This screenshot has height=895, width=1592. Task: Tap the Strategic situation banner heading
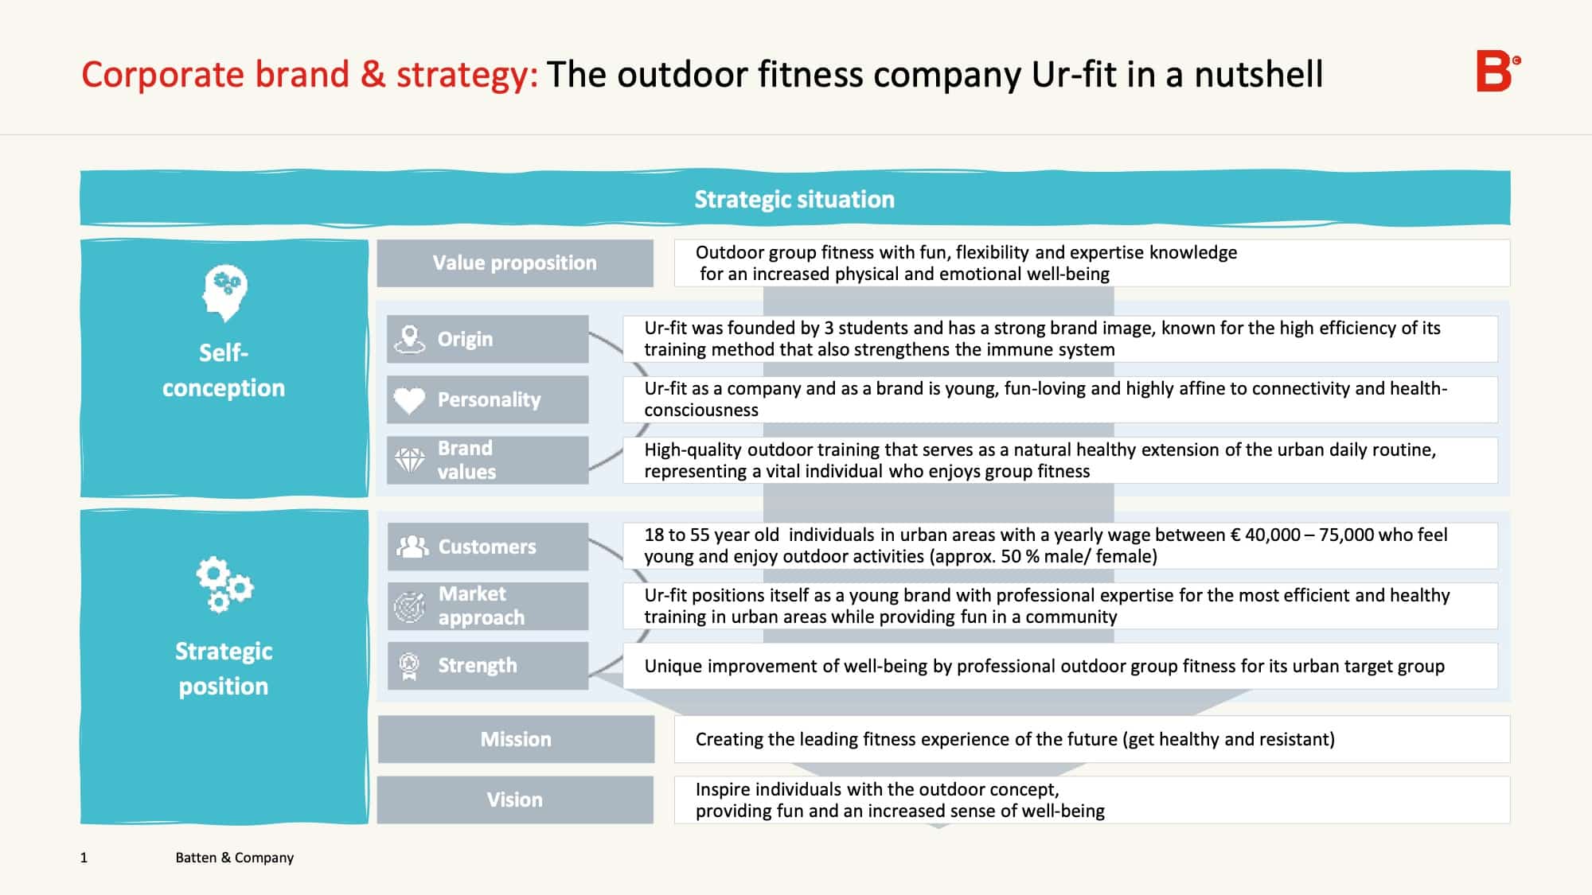tap(794, 199)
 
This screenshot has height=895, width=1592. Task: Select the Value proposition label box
tap(515, 263)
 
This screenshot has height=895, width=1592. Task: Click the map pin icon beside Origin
tap(409, 340)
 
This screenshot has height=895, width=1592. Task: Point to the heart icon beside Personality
tap(410, 399)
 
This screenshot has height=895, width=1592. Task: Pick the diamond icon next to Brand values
tap(410, 460)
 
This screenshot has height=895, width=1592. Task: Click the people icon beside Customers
tap(412, 547)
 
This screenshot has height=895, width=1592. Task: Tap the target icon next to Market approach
tap(410, 607)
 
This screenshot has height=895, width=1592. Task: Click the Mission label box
tap(516, 739)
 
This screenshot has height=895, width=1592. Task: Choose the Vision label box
tap(515, 800)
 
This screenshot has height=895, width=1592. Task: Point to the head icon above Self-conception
tap(224, 293)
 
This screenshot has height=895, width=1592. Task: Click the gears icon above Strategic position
tap(224, 585)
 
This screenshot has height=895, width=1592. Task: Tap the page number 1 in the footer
tap(84, 858)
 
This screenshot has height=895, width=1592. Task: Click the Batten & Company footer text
tap(235, 858)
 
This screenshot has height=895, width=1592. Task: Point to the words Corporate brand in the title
tap(216, 75)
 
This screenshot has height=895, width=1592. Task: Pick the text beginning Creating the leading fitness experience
tap(1015, 740)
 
